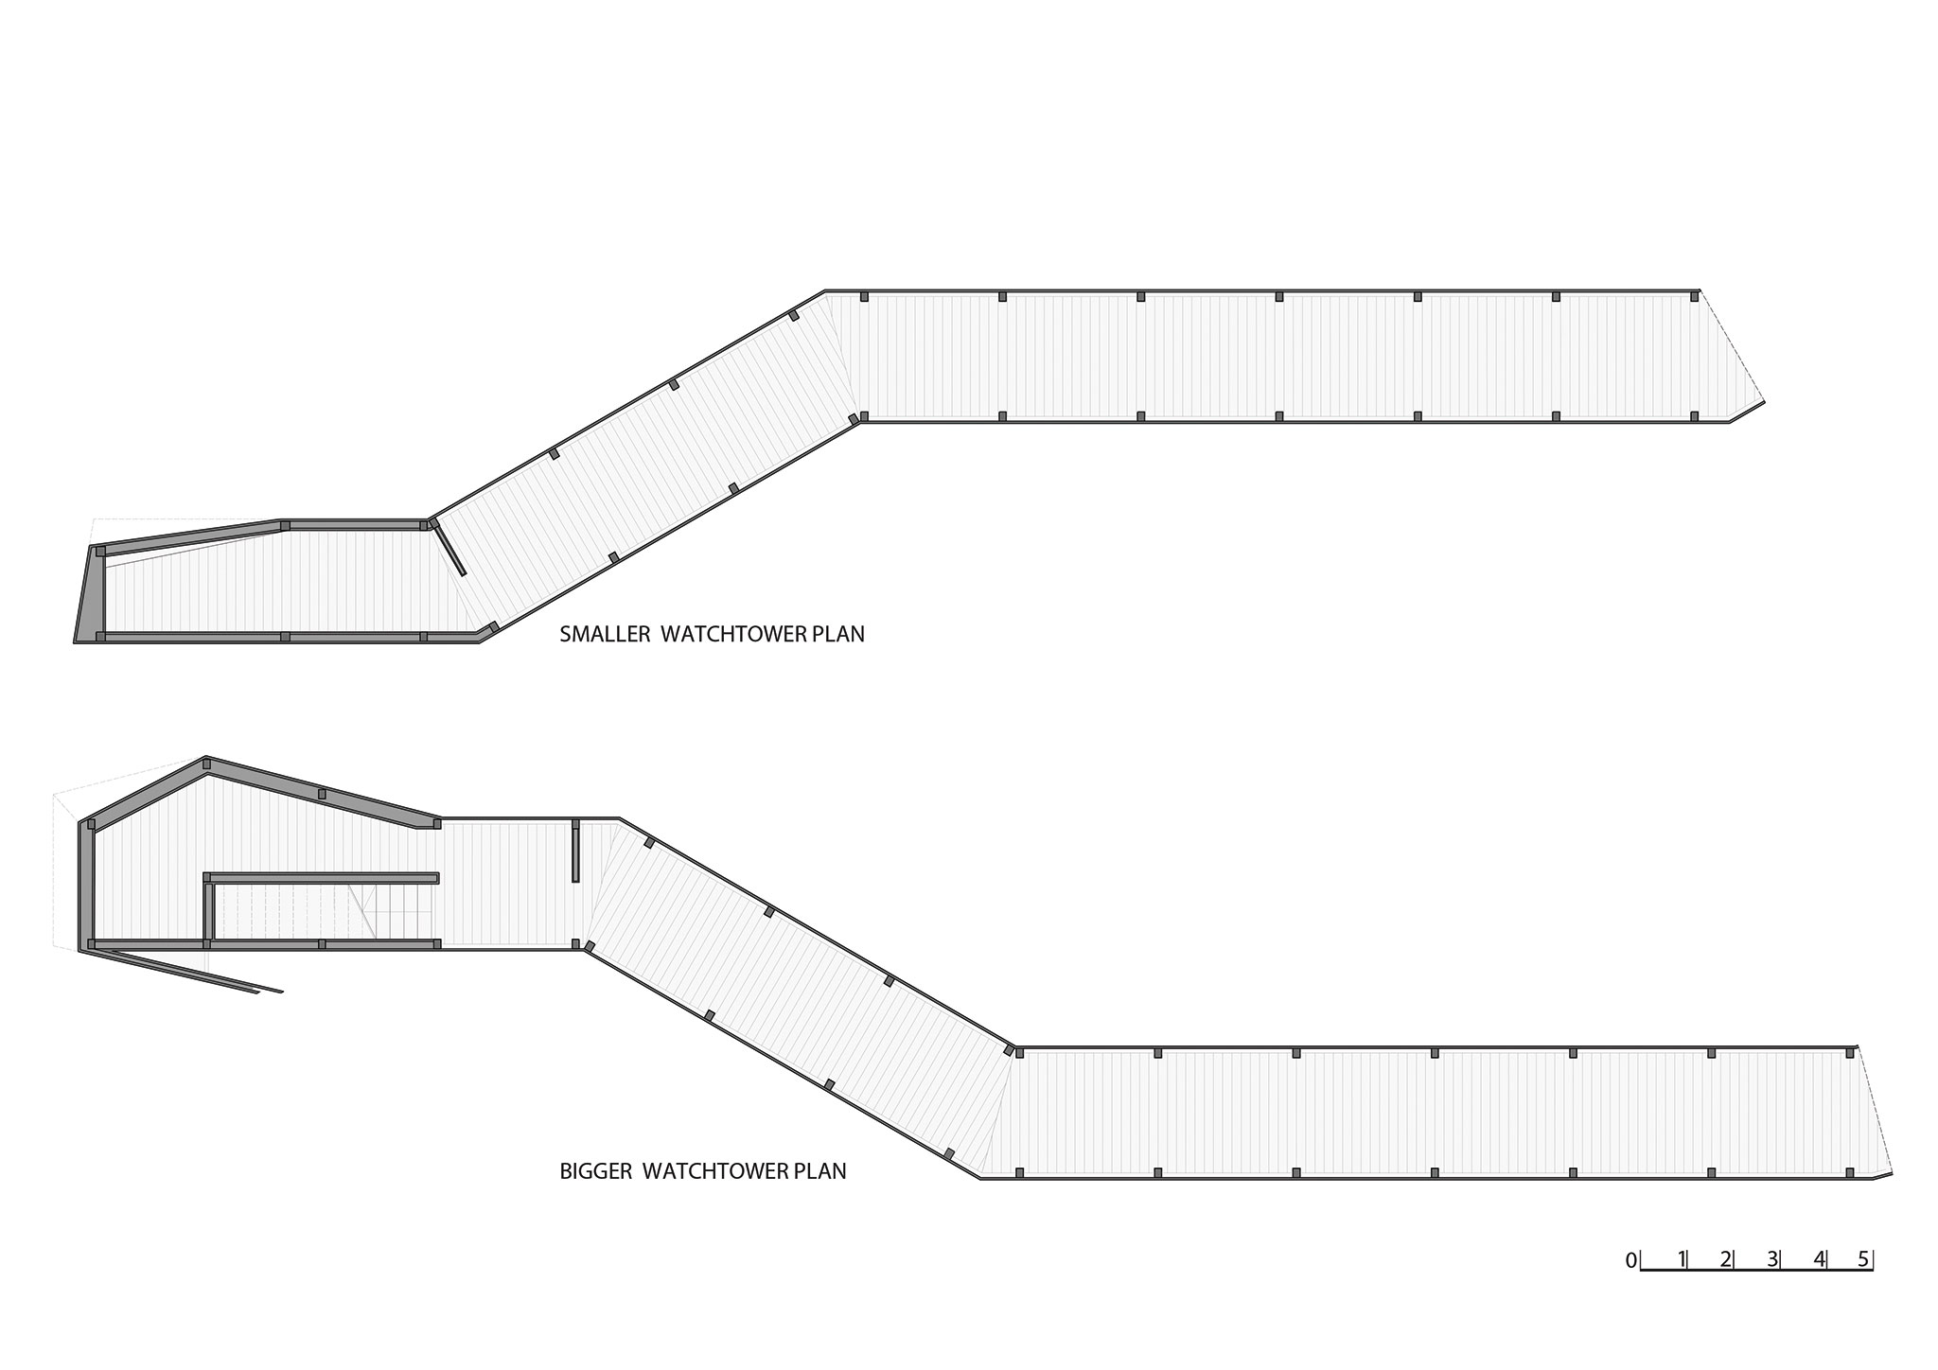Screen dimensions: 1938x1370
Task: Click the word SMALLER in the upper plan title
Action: [605, 634]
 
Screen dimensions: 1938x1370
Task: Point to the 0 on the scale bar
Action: [1630, 1260]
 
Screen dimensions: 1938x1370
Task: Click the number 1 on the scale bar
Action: [1681, 1259]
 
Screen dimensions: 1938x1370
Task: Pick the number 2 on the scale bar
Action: [1726, 1259]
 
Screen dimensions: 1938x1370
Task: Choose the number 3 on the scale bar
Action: [1772, 1259]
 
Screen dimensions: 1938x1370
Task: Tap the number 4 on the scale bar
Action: [1819, 1259]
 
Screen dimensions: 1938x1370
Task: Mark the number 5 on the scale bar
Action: [1863, 1259]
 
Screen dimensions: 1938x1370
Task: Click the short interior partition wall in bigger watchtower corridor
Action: [575, 852]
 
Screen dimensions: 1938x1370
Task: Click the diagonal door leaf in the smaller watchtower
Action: [449, 549]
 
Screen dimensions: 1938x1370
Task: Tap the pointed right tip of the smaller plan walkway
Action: [1764, 403]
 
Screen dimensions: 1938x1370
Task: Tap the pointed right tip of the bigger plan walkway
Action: [1891, 1173]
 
